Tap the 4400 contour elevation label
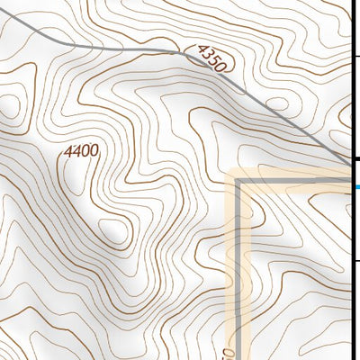click(81, 152)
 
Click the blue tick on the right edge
click(356, 187)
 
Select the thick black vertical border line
click(352, 90)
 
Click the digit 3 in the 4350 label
click(206, 56)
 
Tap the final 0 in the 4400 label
click(93, 151)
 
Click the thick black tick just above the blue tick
click(356, 160)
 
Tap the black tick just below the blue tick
click(356, 261)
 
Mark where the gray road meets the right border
click(349, 163)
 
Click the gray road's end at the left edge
click(2, 11)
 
